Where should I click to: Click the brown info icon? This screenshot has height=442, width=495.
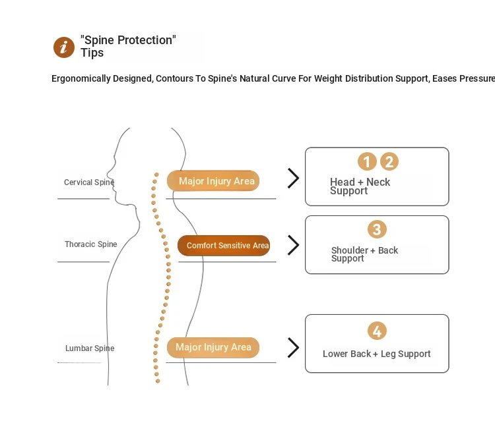pos(64,47)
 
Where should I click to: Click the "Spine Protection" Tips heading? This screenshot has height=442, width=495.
pos(128,46)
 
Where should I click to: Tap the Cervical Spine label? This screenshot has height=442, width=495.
pos(89,182)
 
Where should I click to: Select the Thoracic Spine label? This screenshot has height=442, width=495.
pos(91,244)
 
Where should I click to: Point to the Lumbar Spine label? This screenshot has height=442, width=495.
pos(90,348)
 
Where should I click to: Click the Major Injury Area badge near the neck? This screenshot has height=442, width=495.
pos(213,181)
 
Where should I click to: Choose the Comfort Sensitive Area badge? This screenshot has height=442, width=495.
pos(224,246)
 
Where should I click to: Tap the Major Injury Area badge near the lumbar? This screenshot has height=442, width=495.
pos(213,347)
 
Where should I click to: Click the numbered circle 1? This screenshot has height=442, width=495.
pos(367,161)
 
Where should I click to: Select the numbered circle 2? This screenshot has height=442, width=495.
pos(389,161)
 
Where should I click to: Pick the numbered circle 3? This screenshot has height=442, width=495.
pos(377,229)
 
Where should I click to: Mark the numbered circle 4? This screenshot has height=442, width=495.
pos(377,331)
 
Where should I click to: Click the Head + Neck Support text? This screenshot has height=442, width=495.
pos(360,186)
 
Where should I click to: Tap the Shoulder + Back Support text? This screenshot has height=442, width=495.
pos(364,254)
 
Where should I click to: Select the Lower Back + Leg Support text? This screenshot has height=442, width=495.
pos(377,354)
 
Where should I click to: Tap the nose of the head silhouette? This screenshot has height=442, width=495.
pos(108,173)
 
